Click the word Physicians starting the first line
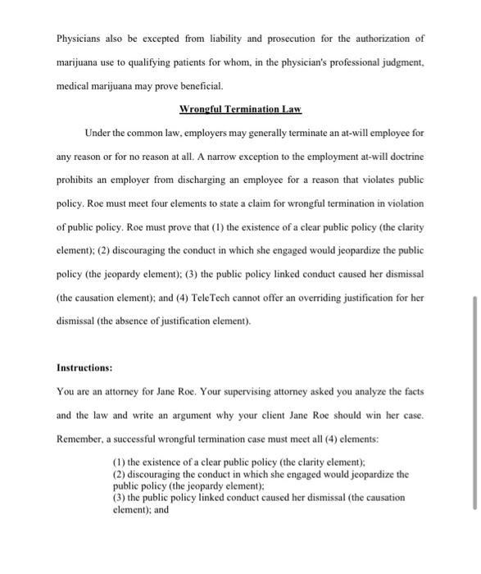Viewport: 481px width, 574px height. click(79, 38)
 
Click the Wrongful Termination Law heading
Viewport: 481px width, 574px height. click(240, 109)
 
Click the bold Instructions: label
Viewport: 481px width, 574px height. click(84, 367)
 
